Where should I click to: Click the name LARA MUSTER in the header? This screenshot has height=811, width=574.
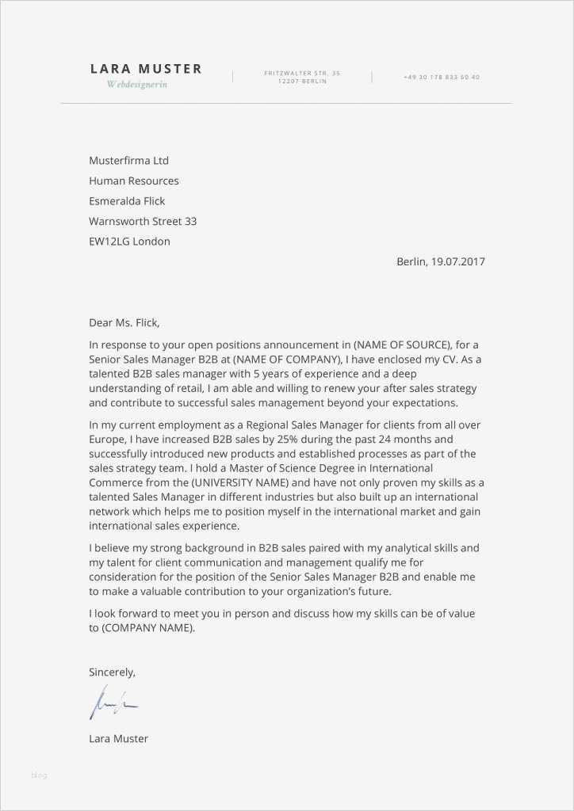pyautogui.click(x=146, y=69)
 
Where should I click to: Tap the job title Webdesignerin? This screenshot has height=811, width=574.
pyautogui.click(x=137, y=85)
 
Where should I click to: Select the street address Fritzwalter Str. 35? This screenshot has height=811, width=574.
pyautogui.click(x=302, y=73)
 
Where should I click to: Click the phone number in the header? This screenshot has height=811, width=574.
pyautogui.click(x=442, y=77)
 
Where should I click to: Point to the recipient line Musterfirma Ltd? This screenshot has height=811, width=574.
pyautogui.click(x=128, y=161)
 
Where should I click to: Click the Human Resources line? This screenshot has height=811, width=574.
pyautogui.click(x=133, y=181)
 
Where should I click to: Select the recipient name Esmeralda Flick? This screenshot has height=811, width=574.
pyautogui.click(x=127, y=201)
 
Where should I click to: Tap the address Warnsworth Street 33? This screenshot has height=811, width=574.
pyautogui.click(x=143, y=221)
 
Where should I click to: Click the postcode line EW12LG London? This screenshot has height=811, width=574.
pyautogui.click(x=129, y=242)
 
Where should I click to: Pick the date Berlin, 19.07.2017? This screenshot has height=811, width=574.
pyautogui.click(x=440, y=261)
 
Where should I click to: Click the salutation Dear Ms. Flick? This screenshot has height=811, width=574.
pyautogui.click(x=124, y=322)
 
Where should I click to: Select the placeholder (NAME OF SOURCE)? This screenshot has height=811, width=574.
pyautogui.click(x=402, y=345)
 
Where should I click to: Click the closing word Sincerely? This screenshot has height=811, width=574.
pyautogui.click(x=112, y=672)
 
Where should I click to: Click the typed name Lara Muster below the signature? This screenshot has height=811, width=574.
pyautogui.click(x=118, y=739)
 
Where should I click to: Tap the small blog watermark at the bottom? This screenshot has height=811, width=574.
pyautogui.click(x=39, y=775)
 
